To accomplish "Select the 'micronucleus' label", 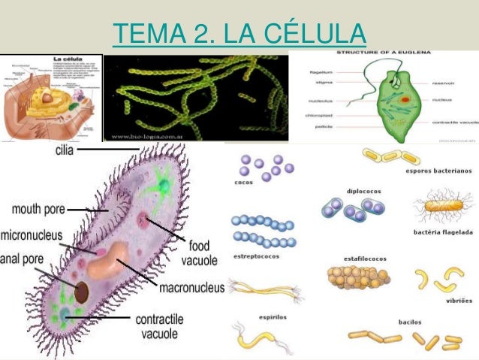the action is point(32,235).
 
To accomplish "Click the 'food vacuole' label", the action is point(199,253).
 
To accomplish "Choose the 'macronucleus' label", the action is point(191,287).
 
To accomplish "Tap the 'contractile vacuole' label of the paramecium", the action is point(158,326).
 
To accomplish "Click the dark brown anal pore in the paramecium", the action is point(81,292).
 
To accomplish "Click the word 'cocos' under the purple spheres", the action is point(243,182).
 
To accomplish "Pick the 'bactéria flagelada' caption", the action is point(443,232).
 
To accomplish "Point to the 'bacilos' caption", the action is point(410,322).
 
